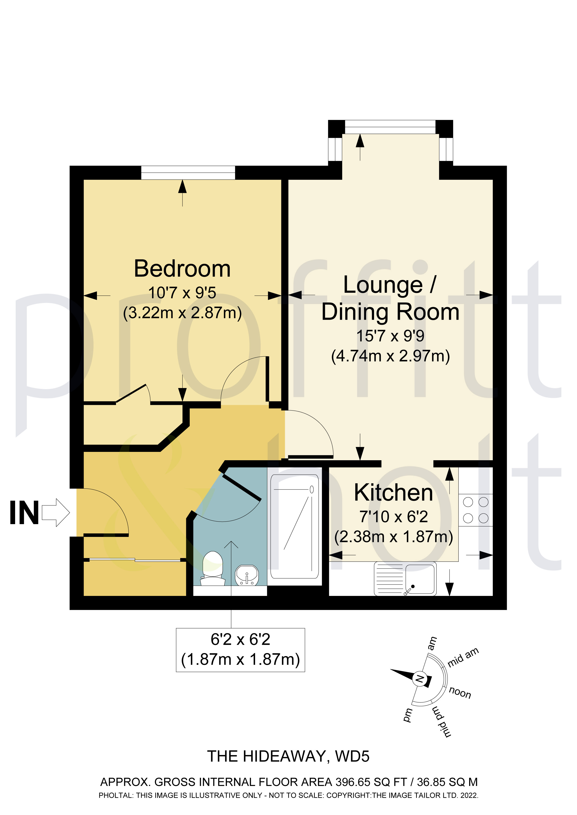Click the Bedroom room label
(x=182, y=269)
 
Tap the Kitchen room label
(x=393, y=493)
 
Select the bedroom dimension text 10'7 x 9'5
(x=182, y=293)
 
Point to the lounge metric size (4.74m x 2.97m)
(x=391, y=356)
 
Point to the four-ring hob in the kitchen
(x=476, y=510)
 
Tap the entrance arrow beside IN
(x=56, y=513)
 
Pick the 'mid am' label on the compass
(x=463, y=657)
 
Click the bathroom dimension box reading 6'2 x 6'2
(x=241, y=650)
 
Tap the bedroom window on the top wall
(x=188, y=173)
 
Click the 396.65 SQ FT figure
(x=371, y=782)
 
